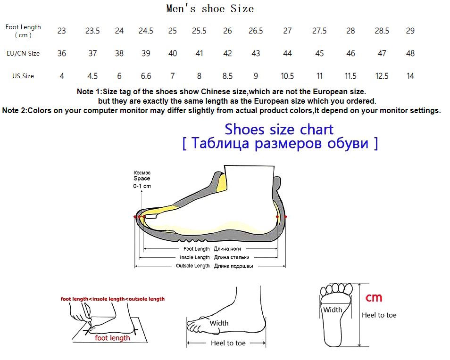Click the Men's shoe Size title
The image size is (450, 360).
[x=210, y=8]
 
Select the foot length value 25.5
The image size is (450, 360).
[x=199, y=31]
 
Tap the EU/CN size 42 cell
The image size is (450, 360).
[x=227, y=53]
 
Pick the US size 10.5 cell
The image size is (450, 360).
[x=287, y=76]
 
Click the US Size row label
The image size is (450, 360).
[x=23, y=76]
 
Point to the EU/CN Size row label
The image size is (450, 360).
[x=23, y=53]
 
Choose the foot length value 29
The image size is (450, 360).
[x=410, y=31]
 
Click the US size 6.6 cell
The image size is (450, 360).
[x=146, y=76]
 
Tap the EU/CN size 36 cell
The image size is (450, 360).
[x=62, y=53]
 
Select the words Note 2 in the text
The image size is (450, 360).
[x=14, y=111]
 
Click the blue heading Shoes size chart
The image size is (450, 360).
[x=279, y=129]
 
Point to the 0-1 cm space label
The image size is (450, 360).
[x=142, y=186]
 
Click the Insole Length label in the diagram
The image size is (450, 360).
[x=195, y=257]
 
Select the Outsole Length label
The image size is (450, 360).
[x=193, y=266]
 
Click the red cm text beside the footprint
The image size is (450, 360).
[x=374, y=298]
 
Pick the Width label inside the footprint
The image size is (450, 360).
[x=333, y=310]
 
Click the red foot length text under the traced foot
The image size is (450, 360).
[x=112, y=338]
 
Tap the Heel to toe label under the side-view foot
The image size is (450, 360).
[x=228, y=343]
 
